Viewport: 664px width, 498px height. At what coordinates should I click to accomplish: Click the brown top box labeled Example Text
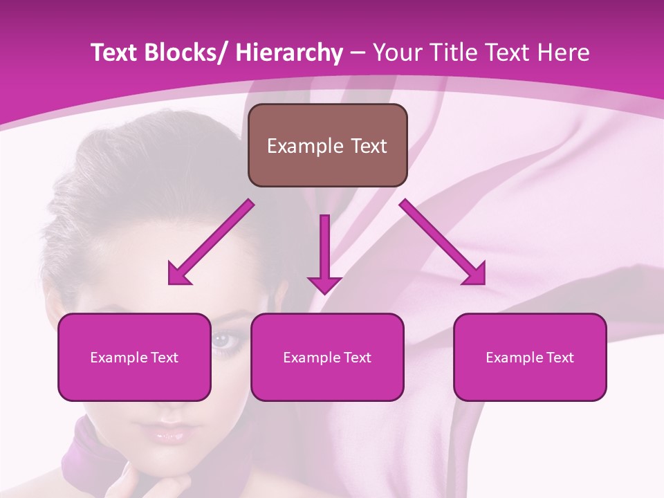coord(327,145)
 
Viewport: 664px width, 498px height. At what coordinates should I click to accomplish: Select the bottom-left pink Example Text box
coord(134,357)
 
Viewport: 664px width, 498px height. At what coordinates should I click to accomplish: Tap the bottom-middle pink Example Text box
coord(327,357)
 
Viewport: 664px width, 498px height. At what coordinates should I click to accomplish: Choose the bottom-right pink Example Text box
coord(530,357)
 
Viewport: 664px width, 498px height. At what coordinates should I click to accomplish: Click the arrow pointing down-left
coord(211,242)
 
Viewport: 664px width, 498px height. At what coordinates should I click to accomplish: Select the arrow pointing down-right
coord(443,242)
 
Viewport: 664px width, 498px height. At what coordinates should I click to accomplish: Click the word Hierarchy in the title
coord(288,53)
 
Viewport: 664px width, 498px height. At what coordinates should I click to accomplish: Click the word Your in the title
coord(397,53)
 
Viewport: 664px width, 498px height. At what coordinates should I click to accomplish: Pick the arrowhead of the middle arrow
coord(324,284)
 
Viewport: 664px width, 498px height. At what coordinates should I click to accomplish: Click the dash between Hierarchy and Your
coord(358,53)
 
